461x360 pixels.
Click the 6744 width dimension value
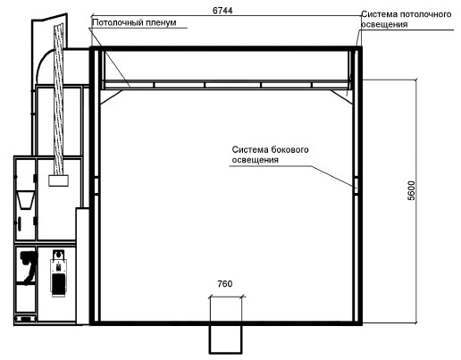(222, 11)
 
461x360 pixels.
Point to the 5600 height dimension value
(411, 190)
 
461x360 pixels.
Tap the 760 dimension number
(225, 284)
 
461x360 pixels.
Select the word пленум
(160, 22)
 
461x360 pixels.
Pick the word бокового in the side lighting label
(289, 149)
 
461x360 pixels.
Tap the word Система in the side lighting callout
(250, 149)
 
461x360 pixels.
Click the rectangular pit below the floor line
(225, 339)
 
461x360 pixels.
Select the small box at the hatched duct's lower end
(59, 180)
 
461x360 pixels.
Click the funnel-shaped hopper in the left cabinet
(25, 200)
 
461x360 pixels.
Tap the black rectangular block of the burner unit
(58, 283)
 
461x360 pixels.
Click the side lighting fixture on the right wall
(356, 186)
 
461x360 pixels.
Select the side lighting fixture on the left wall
(96, 186)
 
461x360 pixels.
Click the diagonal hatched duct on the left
(59, 100)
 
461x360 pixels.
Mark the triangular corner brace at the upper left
(111, 96)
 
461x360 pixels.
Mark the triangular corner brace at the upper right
(342, 96)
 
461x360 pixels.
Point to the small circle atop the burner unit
(59, 255)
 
